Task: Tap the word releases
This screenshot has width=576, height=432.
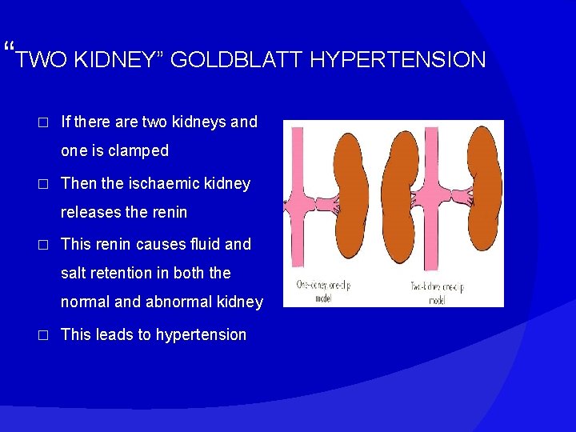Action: (90, 212)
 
